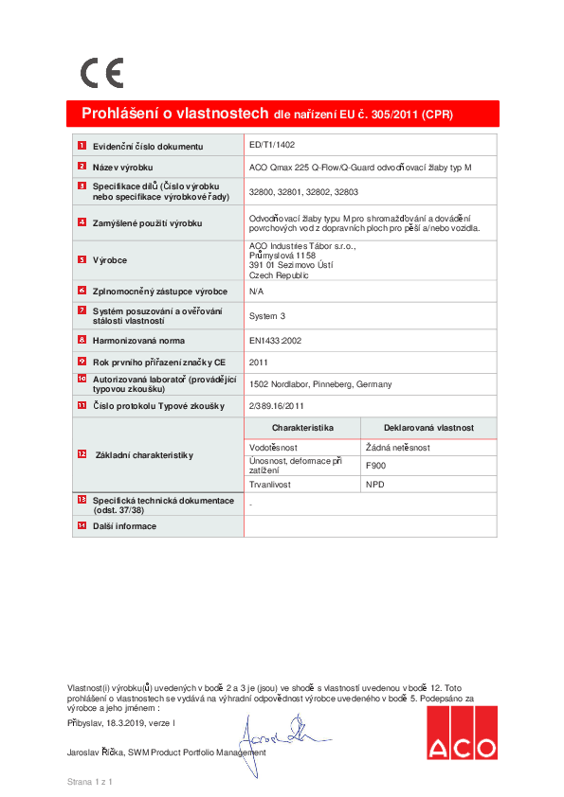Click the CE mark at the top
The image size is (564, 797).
101,73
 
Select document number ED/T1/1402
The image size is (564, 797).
272,146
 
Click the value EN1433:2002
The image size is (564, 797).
275,340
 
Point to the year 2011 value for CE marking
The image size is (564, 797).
259,362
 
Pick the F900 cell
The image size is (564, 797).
376,466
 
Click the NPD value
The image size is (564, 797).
375,484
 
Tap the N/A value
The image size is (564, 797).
257,292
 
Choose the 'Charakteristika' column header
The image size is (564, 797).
302,429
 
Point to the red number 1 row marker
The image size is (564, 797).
82,146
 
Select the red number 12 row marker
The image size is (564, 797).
82,454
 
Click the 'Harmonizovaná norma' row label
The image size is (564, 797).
138,340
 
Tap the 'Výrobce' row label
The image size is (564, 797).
110,259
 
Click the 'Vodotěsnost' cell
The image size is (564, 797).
275,446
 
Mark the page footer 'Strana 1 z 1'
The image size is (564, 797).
90,782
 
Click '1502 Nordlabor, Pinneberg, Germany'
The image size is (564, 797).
319,384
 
